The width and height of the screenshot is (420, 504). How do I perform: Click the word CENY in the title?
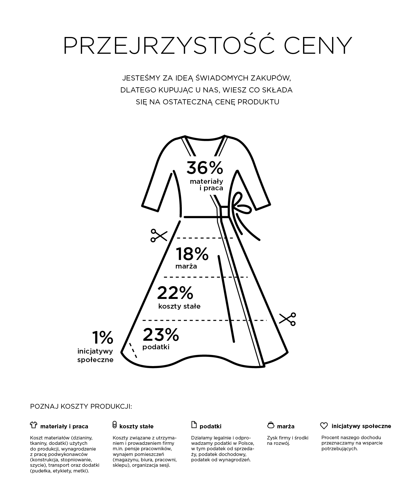(318, 46)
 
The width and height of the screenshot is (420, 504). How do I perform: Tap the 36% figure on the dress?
(205, 168)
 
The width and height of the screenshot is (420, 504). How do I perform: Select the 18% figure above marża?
(192, 254)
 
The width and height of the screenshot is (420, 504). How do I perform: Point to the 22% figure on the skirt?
(175, 293)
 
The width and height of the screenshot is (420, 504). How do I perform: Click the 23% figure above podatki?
(161, 335)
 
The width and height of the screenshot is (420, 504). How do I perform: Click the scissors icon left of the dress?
(158, 235)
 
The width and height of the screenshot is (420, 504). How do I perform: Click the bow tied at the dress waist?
(240, 205)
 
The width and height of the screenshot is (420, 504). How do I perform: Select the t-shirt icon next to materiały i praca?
(34, 425)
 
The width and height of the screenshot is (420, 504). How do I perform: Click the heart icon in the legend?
(324, 426)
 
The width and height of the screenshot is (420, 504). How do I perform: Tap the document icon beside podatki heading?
(194, 425)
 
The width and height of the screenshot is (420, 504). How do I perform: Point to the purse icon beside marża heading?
(271, 425)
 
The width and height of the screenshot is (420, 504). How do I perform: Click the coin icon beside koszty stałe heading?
(114, 425)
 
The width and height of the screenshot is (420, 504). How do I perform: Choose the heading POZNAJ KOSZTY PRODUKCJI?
(81, 406)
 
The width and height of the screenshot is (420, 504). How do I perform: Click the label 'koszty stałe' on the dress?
(179, 306)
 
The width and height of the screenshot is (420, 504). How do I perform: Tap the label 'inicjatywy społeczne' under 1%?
(95, 356)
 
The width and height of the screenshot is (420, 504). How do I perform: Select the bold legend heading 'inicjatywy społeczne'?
(361, 426)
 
